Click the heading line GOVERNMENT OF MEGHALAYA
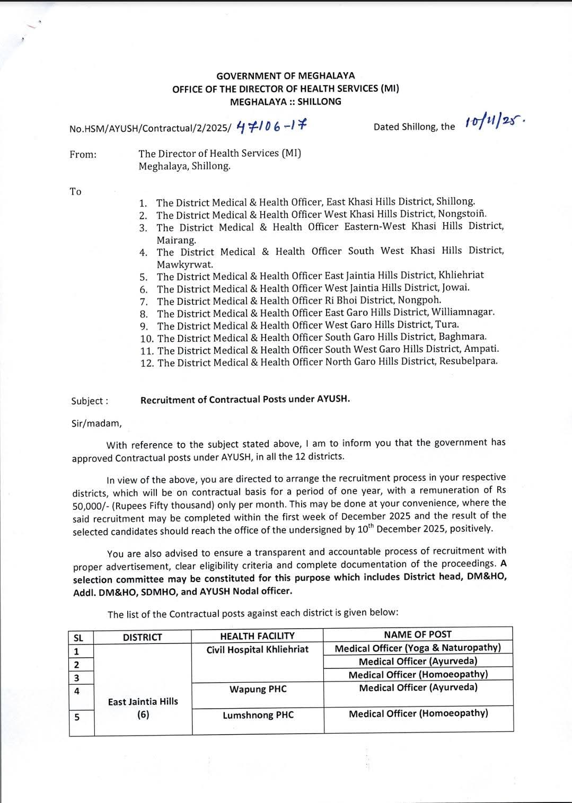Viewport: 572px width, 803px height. pyautogui.click(x=285, y=76)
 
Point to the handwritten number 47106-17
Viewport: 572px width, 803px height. pyautogui.click(x=271, y=126)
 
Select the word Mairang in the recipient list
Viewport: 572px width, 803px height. pyautogui.click(x=175, y=240)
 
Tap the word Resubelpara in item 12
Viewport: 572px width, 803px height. pyautogui.click(x=469, y=361)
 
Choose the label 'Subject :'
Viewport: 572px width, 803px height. pyautogui.click(x=90, y=401)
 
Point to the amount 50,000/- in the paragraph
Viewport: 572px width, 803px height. pyautogui.click(x=89, y=506)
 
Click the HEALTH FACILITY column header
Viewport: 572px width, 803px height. pyautogui.click(x=257, y=636)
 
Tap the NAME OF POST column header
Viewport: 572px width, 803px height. pyautogui.click(x=418, y=634)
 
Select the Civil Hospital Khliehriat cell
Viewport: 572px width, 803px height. pyautogui.click(x=257, y=650)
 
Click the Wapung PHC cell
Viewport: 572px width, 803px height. pyautogui.click(x=258, y=690)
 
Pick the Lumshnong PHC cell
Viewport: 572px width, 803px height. pyautogui.click(x=258, y=716)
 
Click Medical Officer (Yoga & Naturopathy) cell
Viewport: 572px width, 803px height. pyautogui.click(x=418, y=648)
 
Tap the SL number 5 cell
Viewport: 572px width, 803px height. pyautogui.click(x=77, y=717)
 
